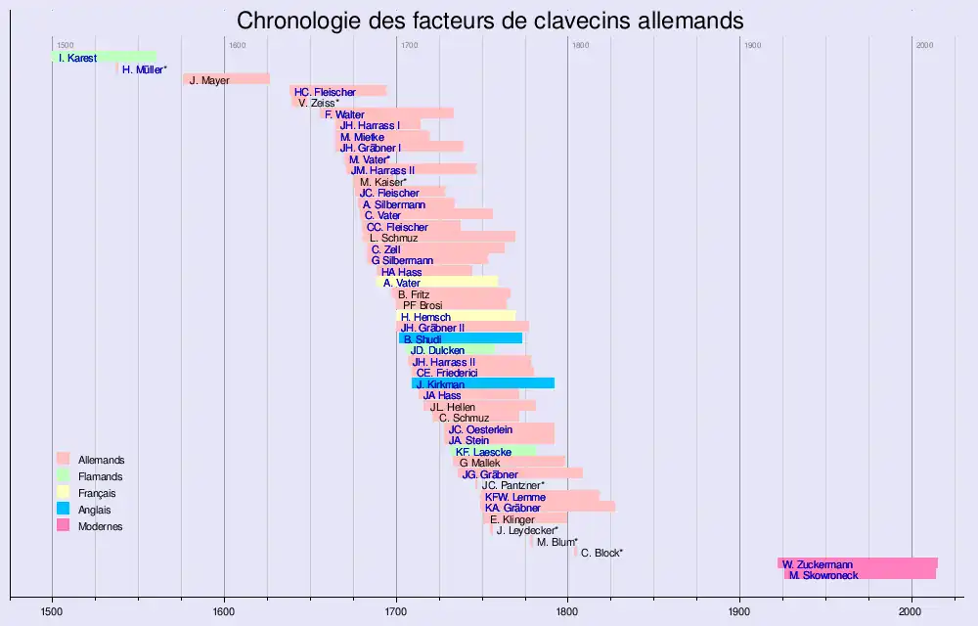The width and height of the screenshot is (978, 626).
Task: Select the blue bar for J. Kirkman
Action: point(483,383)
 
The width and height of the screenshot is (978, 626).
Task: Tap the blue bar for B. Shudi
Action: point(461,338)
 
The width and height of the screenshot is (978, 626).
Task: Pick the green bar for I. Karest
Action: point(104,58)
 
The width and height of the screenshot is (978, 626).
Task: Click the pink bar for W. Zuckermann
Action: point(858,563)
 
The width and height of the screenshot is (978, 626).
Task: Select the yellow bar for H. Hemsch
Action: point(456,316)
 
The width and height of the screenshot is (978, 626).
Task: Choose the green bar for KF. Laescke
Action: point(494,452)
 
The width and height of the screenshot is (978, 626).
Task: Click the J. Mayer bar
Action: point(226,79)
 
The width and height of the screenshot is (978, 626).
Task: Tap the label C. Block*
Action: point(601,553)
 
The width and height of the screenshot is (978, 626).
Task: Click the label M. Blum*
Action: point(557,541)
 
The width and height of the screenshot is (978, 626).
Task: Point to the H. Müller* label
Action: point(145,69)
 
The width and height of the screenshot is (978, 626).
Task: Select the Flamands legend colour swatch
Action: point(64,476)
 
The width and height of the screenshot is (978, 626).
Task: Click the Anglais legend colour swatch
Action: point(64,510)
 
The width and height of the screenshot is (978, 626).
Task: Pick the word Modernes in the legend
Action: point(100,526)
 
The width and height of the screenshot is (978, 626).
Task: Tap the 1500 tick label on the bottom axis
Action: point(52,611)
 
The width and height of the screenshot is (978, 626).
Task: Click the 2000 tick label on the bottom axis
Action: point(911,611)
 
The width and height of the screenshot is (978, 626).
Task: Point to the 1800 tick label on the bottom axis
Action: point(568,611)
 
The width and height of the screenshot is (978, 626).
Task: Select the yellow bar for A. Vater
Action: point(437,283)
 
